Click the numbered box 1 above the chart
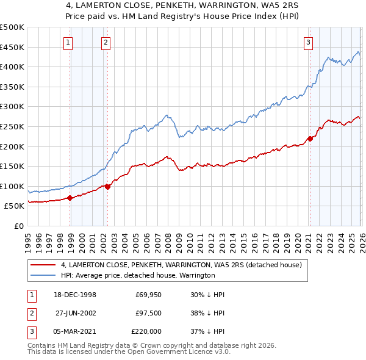(x=67, y=42)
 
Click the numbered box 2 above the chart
(x=106, y=42)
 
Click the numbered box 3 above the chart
(x=309, y=42)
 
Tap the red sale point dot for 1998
(x=70, y=198)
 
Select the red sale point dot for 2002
(x=108, y=187)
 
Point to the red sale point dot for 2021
(x=310, y=139)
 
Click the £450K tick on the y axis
(x=12, y=47)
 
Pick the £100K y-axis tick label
(x=12, y=186)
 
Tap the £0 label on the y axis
(x=18, y=226)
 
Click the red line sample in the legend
(x=43, y=265)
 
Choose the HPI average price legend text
(x=138, y=275)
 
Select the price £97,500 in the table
(x=149, y=313)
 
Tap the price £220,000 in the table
(x=146, y=331)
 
